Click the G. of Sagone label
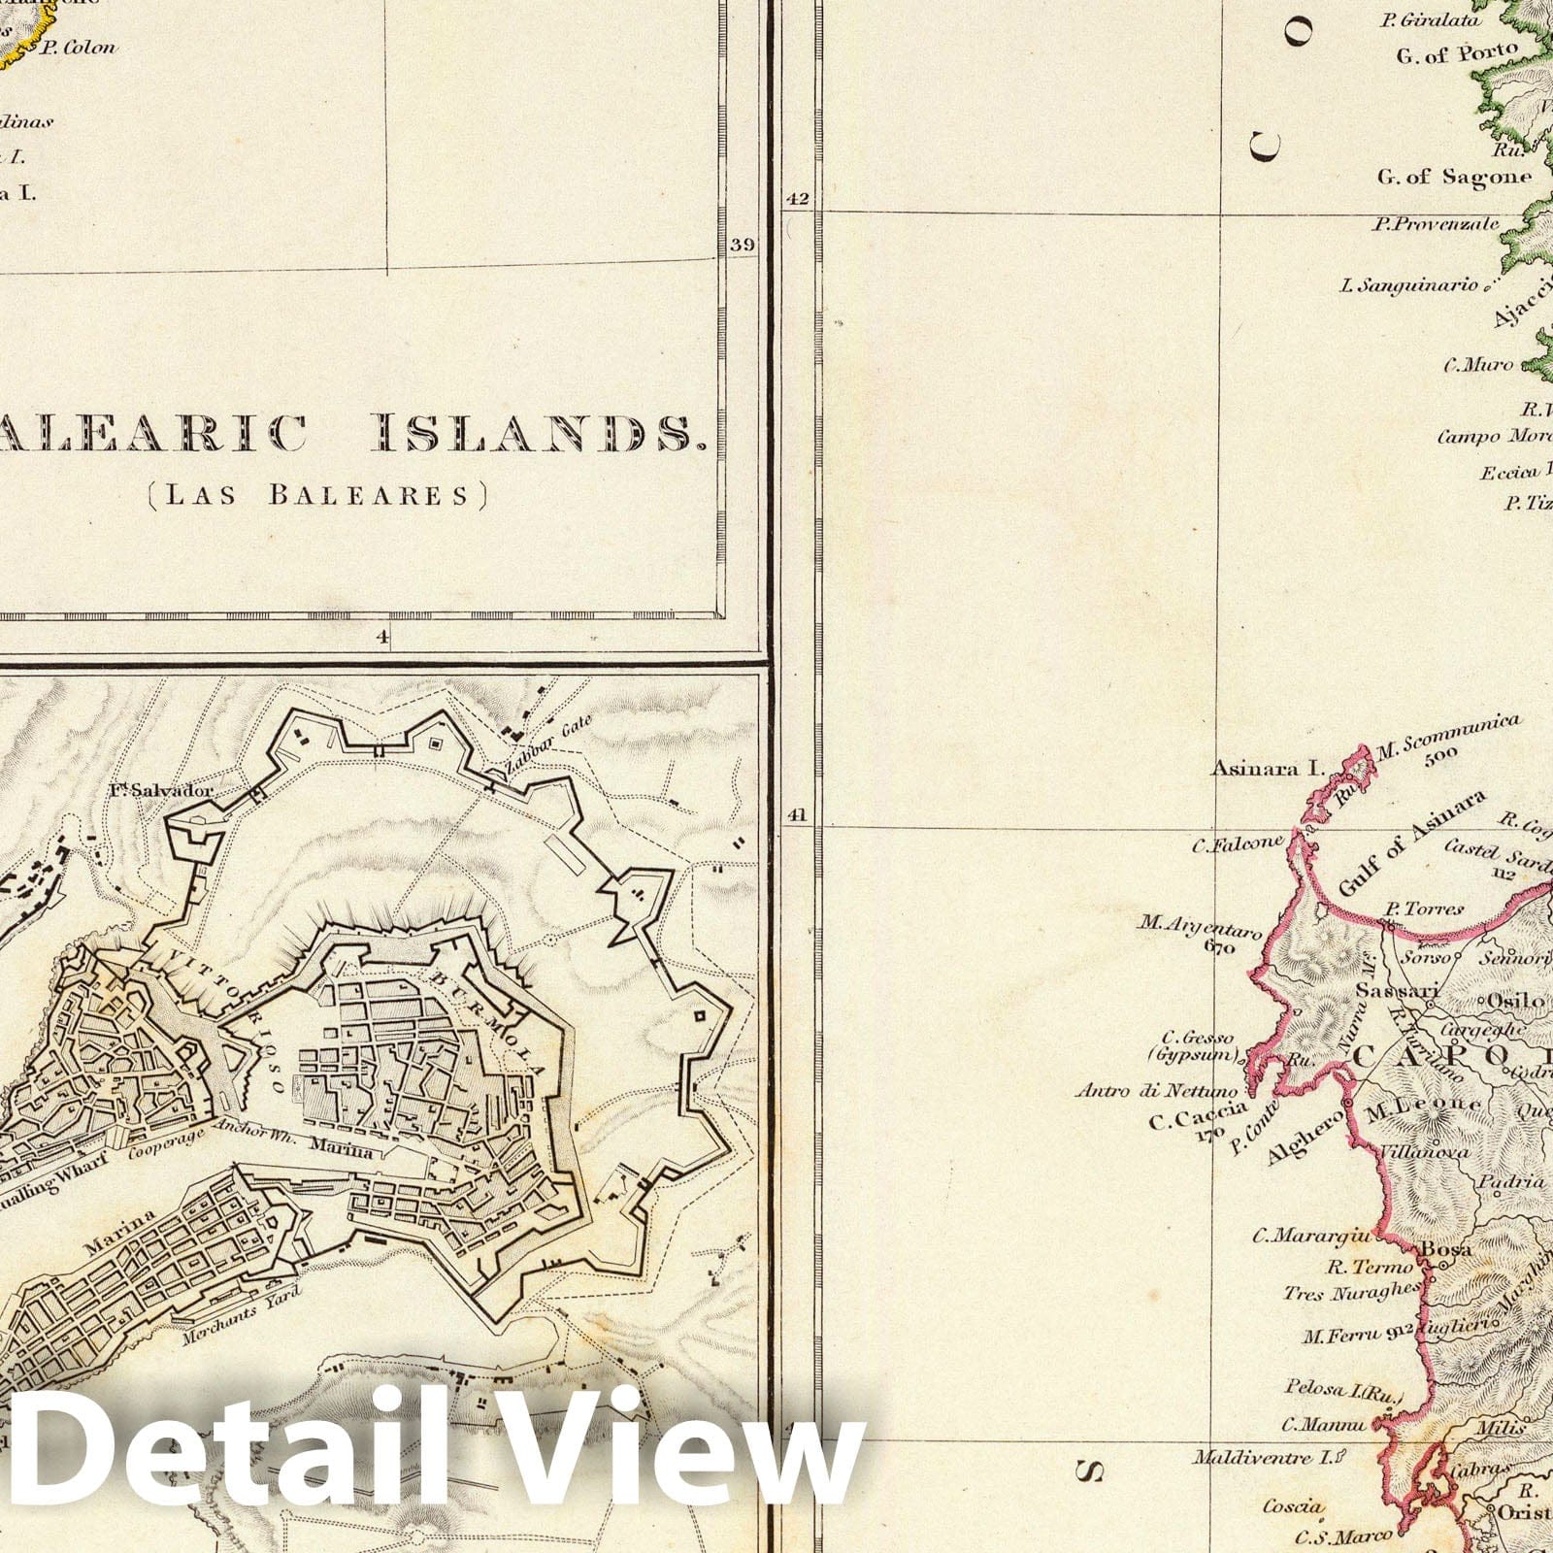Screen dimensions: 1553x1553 point(1453,177)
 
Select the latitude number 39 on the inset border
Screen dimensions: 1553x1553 point(742,245)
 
